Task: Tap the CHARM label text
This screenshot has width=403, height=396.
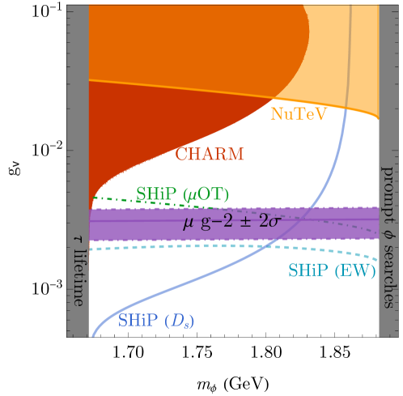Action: pos(209,153)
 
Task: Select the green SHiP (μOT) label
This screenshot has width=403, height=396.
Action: pos(183,194)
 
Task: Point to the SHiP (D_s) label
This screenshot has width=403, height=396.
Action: pos(156,321)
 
